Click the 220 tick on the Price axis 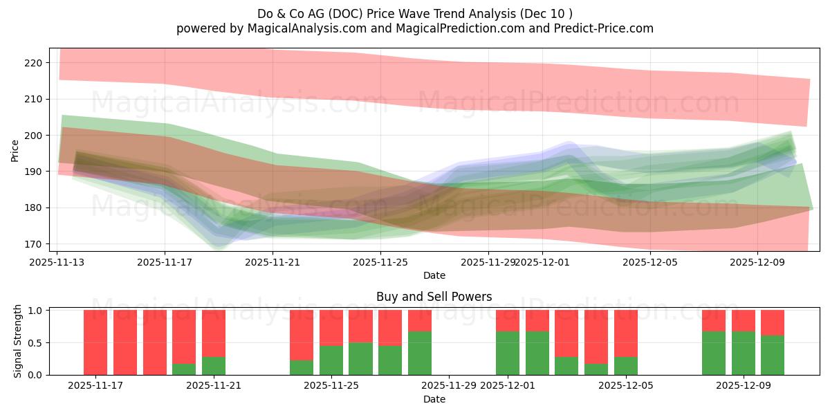coord(33,63)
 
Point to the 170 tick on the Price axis coord(33,244)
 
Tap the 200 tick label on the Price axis coord(33,136)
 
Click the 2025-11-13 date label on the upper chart coord(57,262)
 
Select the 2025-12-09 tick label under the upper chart coord(757,262)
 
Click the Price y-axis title coord(15,150)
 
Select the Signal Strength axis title coord(18,342)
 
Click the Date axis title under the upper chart coord(434,275)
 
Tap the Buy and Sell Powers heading coord(434,297)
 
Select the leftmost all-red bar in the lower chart coord(95,342)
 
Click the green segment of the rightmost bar coord(772,356)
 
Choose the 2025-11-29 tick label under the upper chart coord(488,262)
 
